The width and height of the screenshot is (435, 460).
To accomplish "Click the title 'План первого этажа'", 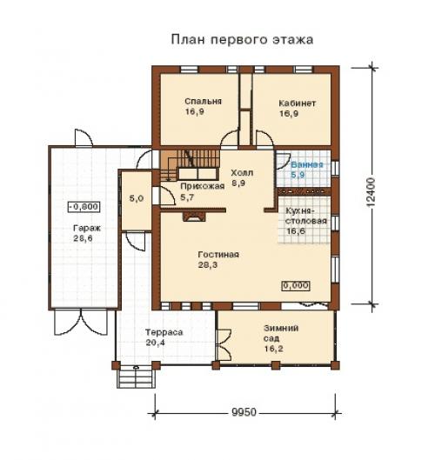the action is pos(242,39).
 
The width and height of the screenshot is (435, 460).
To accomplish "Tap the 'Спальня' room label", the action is pos(203,102).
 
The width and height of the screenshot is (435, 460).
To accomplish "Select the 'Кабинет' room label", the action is pos(297,103).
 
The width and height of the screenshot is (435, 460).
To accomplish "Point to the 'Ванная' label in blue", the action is pos(307,164).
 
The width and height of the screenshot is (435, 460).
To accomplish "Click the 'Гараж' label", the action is pos(87,228).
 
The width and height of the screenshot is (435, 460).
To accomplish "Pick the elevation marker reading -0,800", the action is pos(84,207).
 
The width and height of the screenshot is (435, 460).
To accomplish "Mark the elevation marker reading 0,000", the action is pos(296,285).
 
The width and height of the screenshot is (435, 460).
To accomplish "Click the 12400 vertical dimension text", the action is pos(371,193).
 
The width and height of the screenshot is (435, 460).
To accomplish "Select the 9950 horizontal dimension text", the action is pos(244,412).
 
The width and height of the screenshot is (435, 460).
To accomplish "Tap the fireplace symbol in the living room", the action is pos(194,217).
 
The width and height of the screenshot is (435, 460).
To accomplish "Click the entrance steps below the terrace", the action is pos(137,378).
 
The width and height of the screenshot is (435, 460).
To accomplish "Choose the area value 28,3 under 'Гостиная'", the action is pos(208,265).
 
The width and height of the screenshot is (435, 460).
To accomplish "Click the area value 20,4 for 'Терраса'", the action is pos(155,343).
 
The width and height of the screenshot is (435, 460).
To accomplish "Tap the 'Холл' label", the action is pos(242,172).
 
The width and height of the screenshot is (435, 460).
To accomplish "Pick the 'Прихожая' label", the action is pos(202,186).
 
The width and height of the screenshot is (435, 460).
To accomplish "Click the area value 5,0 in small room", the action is pos(137,198).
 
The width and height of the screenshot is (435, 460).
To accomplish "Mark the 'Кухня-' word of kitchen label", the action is pos(300,211).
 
